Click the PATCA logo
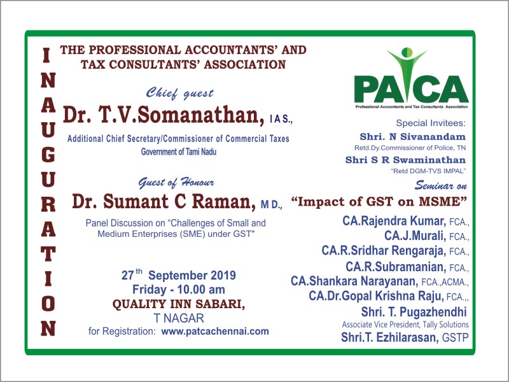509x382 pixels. [411, 78]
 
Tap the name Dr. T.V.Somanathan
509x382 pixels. [164, 115]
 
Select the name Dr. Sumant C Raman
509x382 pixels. [164, 201]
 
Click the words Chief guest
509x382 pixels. [179, 94]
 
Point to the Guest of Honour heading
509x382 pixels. [176, 183]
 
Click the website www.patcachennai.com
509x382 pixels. [215, 331]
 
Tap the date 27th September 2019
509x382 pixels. [179, 275]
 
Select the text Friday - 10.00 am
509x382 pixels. [179, 289]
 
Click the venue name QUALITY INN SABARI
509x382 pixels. [179, 304]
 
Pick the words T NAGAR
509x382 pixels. [179, 318]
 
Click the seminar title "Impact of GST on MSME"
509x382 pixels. [379, 201]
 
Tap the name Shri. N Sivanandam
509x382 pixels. [412, 136]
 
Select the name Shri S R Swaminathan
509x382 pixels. [405, 160]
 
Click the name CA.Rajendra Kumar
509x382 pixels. [394, 221]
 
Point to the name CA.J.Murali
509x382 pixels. [415, 236]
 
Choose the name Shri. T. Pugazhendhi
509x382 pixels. [414, 312]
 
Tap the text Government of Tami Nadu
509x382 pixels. [179, 152]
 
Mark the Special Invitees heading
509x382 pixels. [431, 123]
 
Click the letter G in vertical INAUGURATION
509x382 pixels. [48, 155]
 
